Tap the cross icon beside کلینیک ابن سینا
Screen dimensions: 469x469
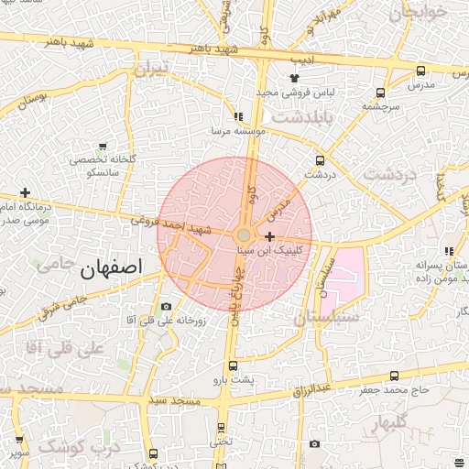[x=269, y=236]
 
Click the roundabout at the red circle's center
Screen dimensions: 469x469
[x=243, y=234]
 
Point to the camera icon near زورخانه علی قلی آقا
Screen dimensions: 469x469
[x=166, y=306]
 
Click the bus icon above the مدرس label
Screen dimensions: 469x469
[x=420, y=71]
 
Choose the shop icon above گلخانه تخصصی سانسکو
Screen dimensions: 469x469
[x=102, y=147]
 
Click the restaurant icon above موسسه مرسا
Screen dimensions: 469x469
[x=238, y=117]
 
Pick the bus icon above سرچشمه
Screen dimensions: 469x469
[x=380, y=92]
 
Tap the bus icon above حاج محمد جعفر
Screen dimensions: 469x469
[x=394, y=376]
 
